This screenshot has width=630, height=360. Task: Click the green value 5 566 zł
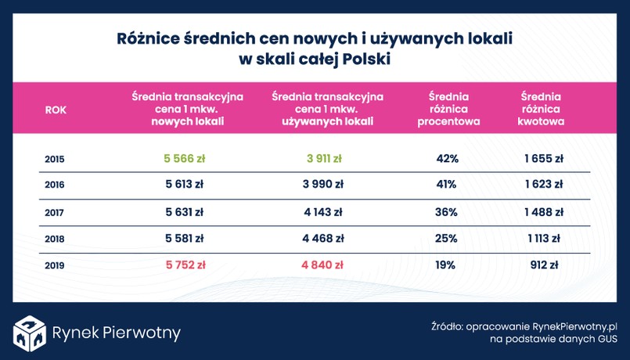[x=184, y=158]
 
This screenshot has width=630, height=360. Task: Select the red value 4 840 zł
[x=323, y=265]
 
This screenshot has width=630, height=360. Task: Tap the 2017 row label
[x=55, y=212]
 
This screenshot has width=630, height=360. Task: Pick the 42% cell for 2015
[x=447, y=158]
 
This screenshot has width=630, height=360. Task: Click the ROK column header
[x=56, y=110]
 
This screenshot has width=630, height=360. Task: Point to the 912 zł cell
[x=543, y=265]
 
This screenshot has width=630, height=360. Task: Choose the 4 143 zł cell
[x=323, y=211]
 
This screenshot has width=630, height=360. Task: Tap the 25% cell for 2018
[x=447, y=238]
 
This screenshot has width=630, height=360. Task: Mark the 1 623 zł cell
[x=543, y=185]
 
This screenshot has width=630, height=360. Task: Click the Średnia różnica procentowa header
[x=448, y=110]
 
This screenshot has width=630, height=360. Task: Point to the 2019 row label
[x=55, y=265]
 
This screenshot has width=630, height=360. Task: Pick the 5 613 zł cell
[x=184, y=185]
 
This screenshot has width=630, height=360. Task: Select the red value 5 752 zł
[x=184, y=265]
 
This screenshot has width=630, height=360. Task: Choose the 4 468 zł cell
[x=323, y=238]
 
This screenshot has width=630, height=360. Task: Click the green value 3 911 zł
[x=323, y=158]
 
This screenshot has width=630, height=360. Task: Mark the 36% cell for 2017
[x=447, y=211]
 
